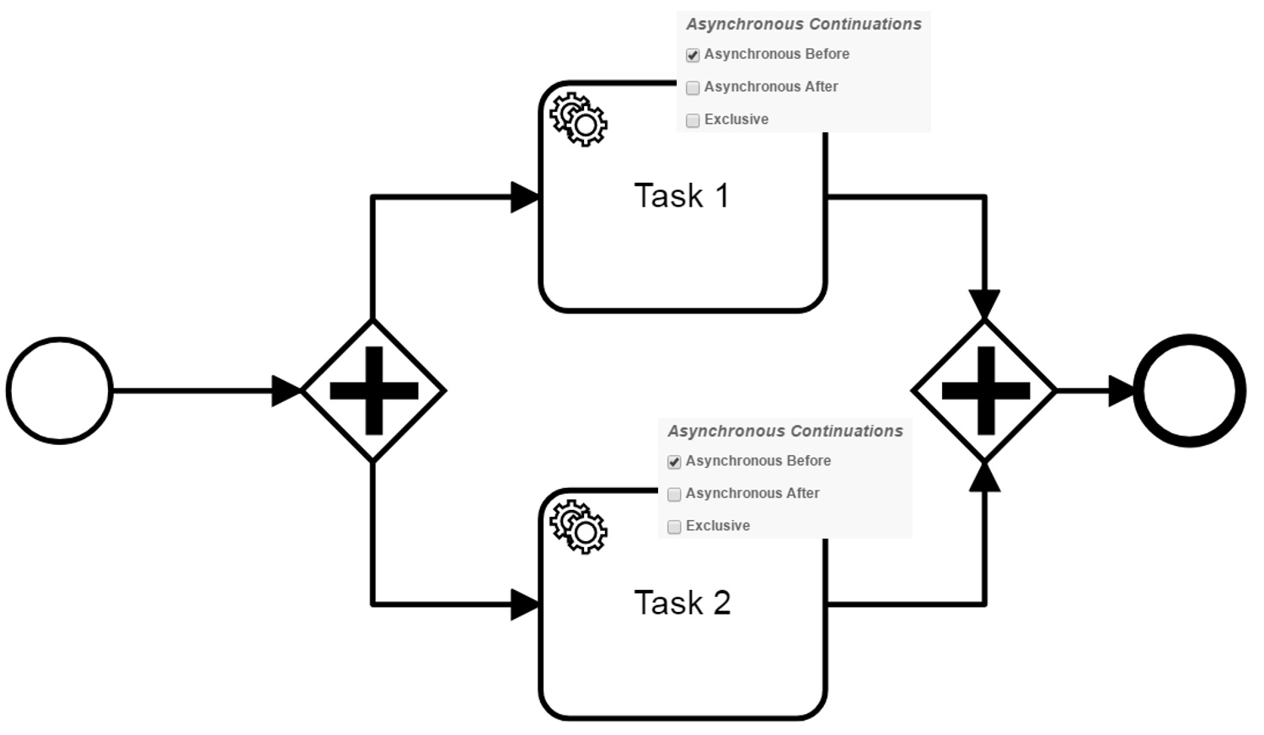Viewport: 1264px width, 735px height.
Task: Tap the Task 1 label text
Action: click(x=682, y=196)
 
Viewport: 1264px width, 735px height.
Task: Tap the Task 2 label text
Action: click(x=683, y=603)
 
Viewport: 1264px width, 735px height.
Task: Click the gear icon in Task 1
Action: click(x=578, y=119)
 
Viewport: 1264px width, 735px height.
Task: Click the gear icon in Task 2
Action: click(x=578, y=527)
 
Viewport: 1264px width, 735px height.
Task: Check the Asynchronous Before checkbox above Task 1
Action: click(x=693, y=55)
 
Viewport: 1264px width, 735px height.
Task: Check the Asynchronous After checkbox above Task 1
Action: click(x=693, y=88)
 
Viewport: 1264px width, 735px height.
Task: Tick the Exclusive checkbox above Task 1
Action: click(x=693, y=121)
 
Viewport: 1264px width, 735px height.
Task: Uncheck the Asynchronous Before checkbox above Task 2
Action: click(x=674, y=462)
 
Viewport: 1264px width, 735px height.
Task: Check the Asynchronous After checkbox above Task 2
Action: click(x=674, y=495)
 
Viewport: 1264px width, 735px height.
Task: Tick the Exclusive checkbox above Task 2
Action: click(x=674, y=527)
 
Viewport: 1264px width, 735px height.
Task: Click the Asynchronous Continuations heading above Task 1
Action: click(x=804, y=24)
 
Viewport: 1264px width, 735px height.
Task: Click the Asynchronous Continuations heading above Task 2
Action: click(x=785, y=432)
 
